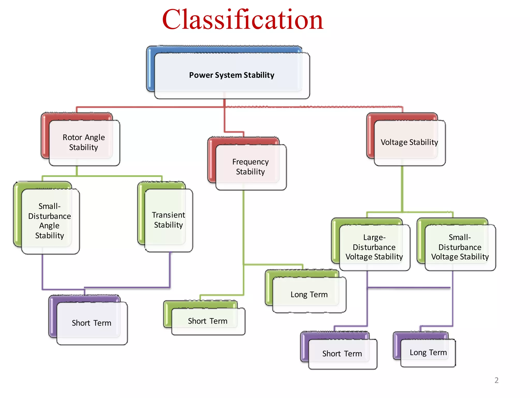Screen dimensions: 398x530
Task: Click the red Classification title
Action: click(242, 20)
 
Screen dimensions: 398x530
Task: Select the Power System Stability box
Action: click(231, 75)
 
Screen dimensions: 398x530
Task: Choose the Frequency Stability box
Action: click(250, 167)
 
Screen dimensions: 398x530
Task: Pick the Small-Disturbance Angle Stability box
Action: click(49, 221)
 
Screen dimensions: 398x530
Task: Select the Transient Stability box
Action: click(168, 220)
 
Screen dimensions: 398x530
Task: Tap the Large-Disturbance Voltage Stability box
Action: click(374, 247)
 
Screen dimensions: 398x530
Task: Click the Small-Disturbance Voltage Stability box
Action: click(460, 247)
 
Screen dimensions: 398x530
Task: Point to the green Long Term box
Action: click(309, 294)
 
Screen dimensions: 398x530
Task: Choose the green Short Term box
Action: click(207, 321)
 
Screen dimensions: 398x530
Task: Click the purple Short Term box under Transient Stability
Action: click(91, 323)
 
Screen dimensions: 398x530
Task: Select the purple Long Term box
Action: click(428, 352)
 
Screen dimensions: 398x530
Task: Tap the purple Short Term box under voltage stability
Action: click(342, 353)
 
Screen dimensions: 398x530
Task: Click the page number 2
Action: click(496, 380)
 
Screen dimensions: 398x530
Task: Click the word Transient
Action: click(168, 215)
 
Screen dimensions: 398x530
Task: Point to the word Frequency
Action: click(250, 162)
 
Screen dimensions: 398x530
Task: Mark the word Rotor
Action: click(72, 137)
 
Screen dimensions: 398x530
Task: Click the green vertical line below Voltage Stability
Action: click(402, 189)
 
